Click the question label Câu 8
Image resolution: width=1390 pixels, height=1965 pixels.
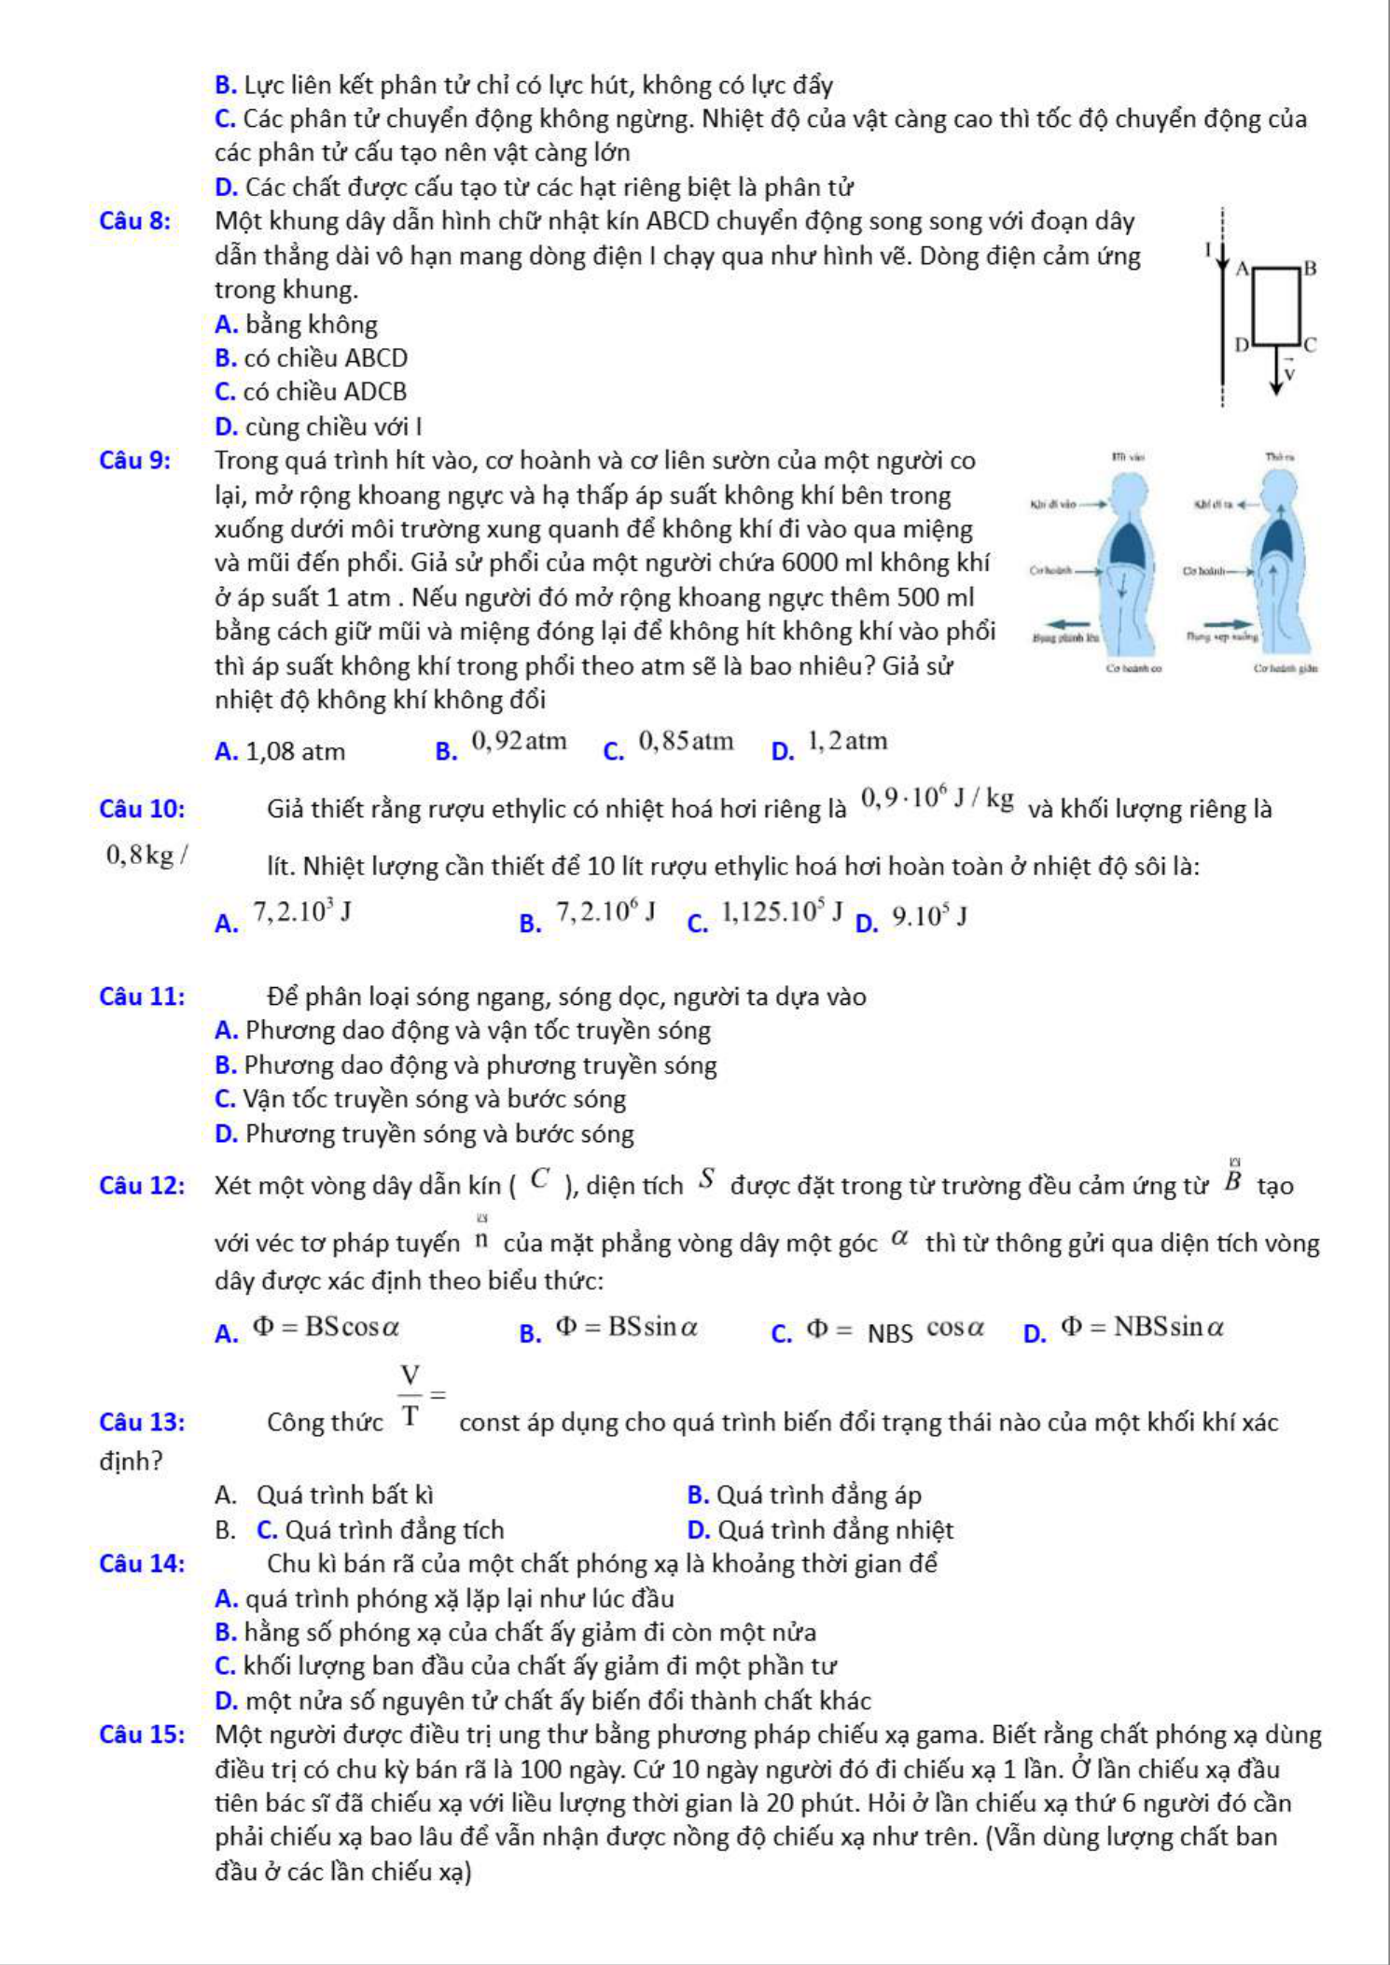134,221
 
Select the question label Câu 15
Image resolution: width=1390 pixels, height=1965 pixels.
141,1735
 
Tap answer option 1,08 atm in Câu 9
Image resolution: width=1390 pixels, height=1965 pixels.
295,751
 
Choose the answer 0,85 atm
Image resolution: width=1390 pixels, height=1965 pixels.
686,742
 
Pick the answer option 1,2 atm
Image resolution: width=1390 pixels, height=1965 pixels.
848,742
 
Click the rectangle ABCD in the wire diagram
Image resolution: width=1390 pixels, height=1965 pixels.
1275,306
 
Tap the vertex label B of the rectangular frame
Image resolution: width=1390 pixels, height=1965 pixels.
1310,269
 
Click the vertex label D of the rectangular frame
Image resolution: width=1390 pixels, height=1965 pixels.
1241,345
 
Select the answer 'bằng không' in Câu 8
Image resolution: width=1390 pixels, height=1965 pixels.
311,325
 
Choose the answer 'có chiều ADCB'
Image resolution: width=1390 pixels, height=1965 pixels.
325,392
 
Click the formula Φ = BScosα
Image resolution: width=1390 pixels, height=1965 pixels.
327,1327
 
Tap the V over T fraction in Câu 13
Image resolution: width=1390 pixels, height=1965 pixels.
410,1396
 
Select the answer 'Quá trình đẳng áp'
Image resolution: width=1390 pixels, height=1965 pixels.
818,1496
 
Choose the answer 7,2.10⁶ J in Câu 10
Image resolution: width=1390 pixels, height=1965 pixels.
605,912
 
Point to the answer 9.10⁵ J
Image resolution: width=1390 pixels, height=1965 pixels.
928,917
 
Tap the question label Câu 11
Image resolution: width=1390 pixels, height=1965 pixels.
142,996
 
